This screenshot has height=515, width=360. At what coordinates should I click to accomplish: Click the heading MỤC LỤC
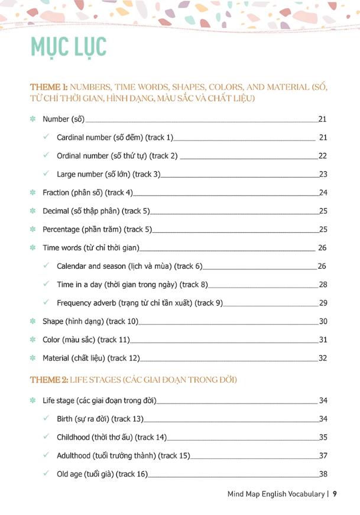pos(68,47)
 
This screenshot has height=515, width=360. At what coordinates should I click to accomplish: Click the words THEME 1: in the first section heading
pos(49,87)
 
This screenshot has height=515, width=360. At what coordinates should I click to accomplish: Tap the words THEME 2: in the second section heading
pos(49,379)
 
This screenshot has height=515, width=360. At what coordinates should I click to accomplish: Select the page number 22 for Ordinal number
pos(323,156)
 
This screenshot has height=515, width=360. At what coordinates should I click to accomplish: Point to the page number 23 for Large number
pos(323,174)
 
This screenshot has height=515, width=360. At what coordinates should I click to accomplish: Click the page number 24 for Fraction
pos(323,193)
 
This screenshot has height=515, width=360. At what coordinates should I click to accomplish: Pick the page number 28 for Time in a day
pos(323,285)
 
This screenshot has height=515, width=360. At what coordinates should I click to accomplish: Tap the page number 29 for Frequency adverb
pos(323,303)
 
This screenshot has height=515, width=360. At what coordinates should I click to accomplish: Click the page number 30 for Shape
pos(323,321)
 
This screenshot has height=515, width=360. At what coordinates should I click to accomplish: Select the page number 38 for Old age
pos(323,474)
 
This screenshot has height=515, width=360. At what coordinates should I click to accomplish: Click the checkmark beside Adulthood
pos(46,455)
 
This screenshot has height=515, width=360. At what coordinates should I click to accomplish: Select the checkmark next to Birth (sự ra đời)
pos(46,419)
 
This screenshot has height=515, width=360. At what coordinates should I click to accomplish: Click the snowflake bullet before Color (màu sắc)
pos(33,340)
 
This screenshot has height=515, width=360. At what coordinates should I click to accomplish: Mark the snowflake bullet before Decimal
pos(33,211)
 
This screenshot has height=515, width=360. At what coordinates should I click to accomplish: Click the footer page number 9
pos(335,494)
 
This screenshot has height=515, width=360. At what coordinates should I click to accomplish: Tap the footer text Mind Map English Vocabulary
pos(275,494)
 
